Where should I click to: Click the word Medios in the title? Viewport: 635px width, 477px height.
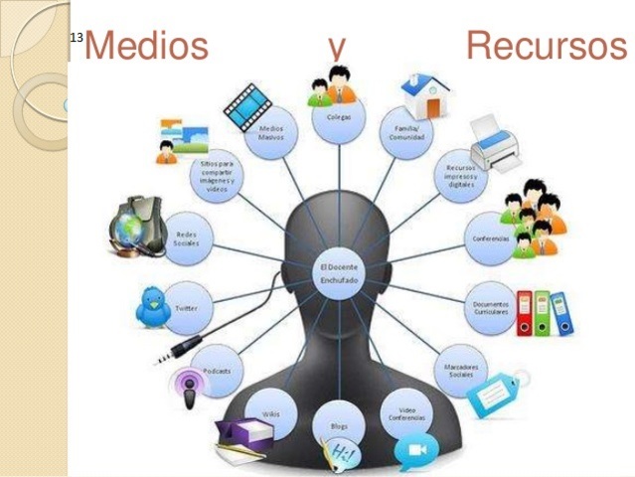click(146, 47)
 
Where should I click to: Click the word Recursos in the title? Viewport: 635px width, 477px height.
click(546, 47)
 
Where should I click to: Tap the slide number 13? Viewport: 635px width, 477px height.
click(76, 38)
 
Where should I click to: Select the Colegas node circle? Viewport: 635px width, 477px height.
click(338, 120)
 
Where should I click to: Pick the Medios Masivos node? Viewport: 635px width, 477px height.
click(271, 133)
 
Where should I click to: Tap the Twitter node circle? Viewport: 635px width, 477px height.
click(186, 308)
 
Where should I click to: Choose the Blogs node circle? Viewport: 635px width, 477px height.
click(338, 425)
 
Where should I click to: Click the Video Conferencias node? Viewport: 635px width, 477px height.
click(405, 412)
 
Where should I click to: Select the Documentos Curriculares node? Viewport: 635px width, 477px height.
click(489, 307)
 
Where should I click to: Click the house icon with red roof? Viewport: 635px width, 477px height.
click(424, 96)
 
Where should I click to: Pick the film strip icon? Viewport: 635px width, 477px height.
click(249, 102)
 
